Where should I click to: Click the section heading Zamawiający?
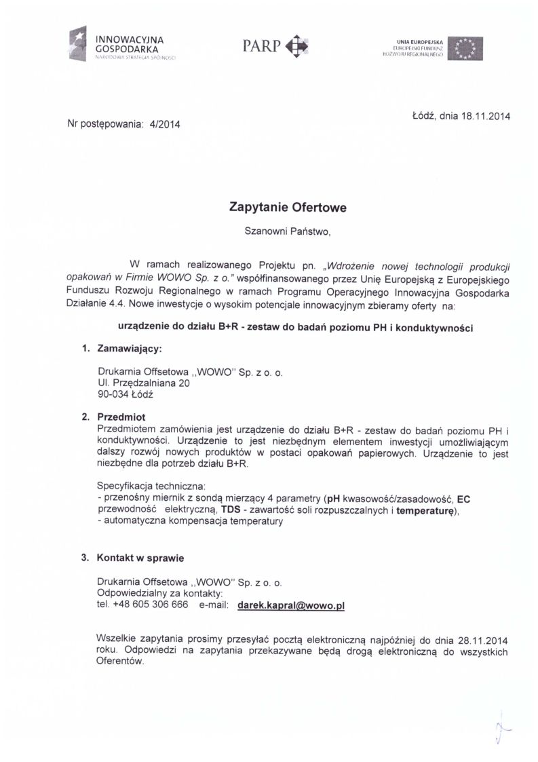[130, 349]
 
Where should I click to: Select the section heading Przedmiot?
[121, 417]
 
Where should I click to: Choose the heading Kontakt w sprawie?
[140, 558]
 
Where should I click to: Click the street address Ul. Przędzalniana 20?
[143, 383]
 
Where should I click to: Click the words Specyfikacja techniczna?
[151, 486]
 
